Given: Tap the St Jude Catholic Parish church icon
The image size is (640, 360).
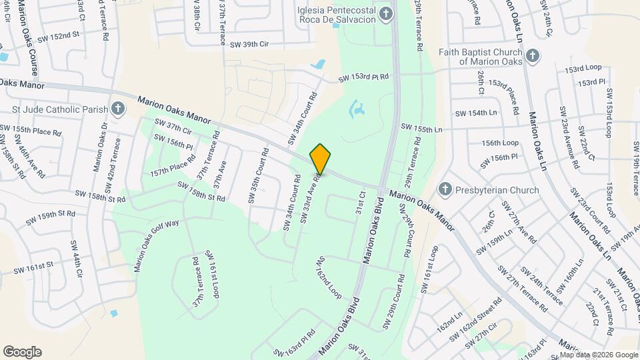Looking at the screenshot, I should [x=118, y=109].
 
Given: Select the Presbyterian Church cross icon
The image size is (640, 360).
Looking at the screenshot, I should [x=445, y=190].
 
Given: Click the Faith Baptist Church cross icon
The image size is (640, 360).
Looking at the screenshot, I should [x=531, y=56].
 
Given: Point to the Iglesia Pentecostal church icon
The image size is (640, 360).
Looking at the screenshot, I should [x=385, y=14].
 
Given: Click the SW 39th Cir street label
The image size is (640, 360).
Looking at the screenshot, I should [x=249, y=44].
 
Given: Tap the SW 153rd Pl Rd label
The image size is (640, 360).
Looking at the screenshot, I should [x=363, y=78].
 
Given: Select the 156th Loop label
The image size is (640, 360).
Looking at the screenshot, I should [x=500, y=143].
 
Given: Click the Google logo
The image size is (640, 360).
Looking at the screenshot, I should [x=22, y=351].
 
